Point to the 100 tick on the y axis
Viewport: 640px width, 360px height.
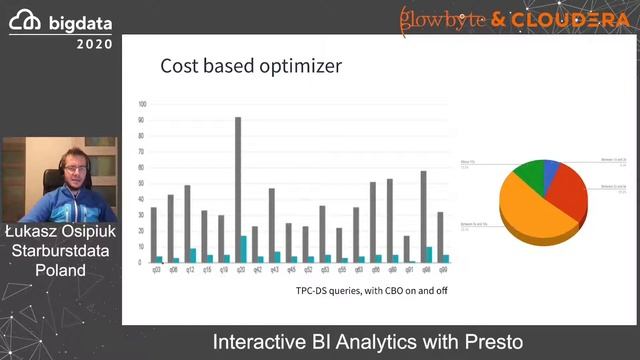[x=143, y=104]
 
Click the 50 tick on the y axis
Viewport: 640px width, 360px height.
[x=143, y=184]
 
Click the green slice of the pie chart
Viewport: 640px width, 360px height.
[x=527, y=173]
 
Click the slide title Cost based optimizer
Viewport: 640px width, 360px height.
[x=251, y=67]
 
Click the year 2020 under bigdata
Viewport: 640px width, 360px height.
[x=94, y=44]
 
